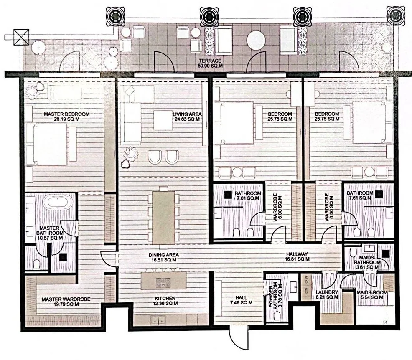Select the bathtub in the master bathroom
pyautogui.click(x=57, y=203)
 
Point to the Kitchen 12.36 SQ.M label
pyautogui.click(x=164, y=301)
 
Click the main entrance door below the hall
pyautogui.click(x=237, y=337)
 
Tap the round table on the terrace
pyautogui.click(x=256, y=41)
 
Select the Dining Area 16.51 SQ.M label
pyautogui.click(x=163, y=257)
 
